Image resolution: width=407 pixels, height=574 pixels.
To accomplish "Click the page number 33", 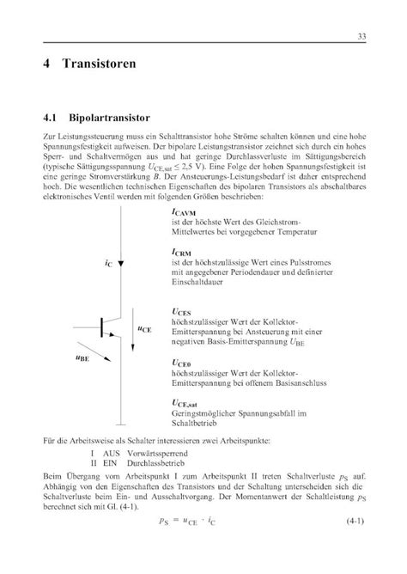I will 363,35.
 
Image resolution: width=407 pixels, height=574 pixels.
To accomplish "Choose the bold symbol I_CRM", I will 184,253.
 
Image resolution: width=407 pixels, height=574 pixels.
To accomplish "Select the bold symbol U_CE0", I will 183,363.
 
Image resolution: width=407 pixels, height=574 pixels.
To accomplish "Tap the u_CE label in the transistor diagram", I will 145,327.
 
